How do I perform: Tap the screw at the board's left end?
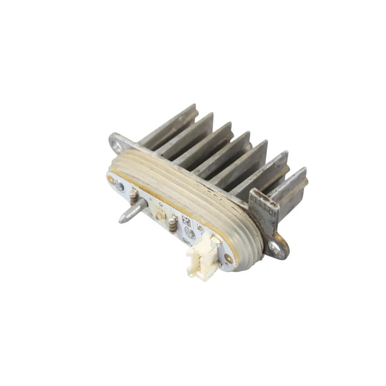click(118, 186)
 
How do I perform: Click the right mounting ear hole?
click(276, 245)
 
